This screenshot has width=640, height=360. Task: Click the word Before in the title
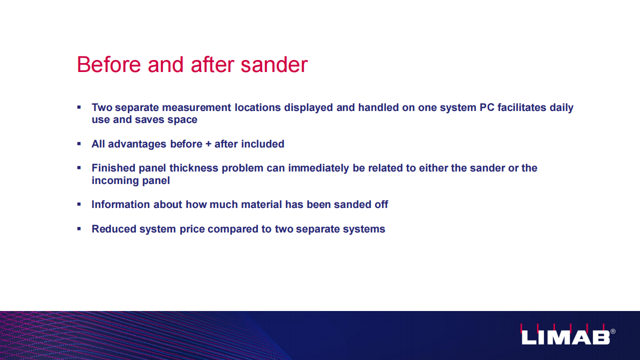pos(109,64)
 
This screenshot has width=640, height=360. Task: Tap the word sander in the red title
pos(274,64)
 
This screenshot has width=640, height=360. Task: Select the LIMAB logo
pos(565,334)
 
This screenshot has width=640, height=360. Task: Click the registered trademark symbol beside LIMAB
pos(613,331)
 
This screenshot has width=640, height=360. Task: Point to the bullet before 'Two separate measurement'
pos(79,107)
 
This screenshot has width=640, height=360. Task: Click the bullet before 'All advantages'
pos(79,143)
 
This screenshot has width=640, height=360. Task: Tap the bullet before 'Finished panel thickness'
pos(79,167)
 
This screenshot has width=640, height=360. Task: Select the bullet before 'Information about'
pos(79,204)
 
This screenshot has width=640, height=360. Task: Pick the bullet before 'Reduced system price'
pos(79,228)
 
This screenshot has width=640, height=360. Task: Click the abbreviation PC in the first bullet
pos(487,107)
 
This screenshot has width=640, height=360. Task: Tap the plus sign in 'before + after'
pos(208,144)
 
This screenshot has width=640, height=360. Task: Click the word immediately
pos(318,168)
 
